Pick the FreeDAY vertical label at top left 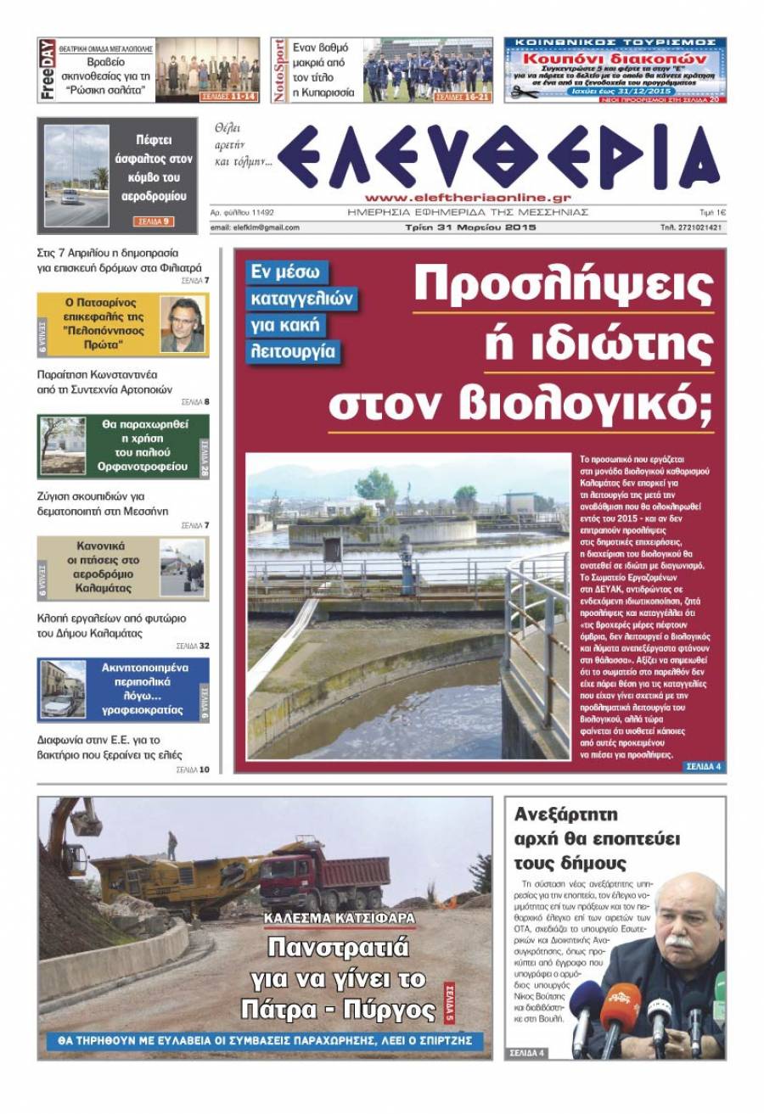click(48, 70)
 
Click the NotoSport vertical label click(280, 70)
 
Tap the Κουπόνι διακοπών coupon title click(615, 59)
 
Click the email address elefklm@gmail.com click(255, 227)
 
